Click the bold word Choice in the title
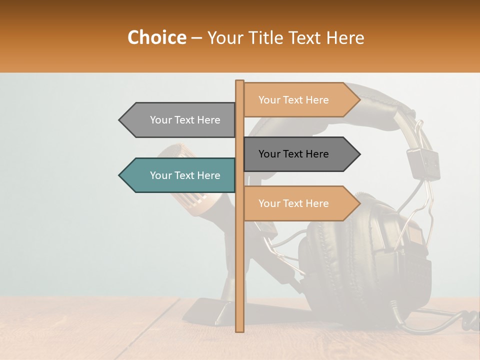(156, 38)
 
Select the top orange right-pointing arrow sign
(300, 100)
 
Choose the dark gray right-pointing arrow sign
(300, 154)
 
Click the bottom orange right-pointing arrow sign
(300, 203)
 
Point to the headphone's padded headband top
(370, 95)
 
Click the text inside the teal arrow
(185, 175)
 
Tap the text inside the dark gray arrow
(293, 154)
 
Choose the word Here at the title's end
(345, 38)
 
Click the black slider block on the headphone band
(423, 162)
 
